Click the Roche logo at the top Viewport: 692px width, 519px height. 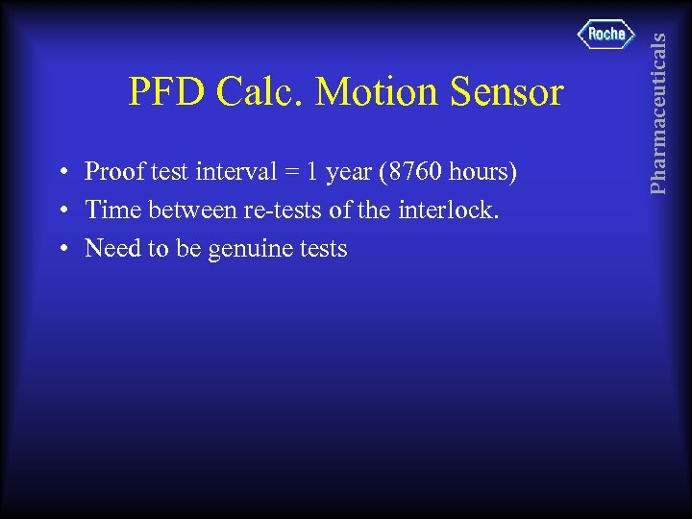pos(606,35)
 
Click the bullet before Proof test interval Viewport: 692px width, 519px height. pos(62,173)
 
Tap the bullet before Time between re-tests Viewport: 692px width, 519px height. pos(62,211)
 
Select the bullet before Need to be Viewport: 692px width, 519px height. pos(62,250)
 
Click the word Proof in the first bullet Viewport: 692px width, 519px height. pos(111,172)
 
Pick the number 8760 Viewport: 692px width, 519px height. pos(407,172)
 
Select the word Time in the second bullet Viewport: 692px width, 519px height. pos(110,210)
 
